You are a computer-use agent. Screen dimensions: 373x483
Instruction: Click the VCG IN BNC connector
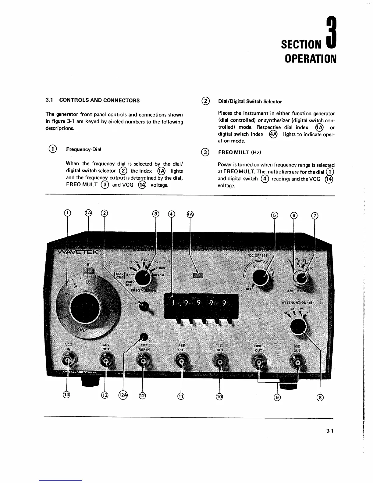tap(67, 361)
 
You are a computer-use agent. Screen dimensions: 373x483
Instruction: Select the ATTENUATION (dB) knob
tap(298, 327)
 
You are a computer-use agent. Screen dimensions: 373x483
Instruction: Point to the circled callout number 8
tap(320, 397)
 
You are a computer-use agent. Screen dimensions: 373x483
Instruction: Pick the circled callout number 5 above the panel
tap(275, 216)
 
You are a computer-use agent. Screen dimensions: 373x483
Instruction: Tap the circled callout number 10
tap(219, 396)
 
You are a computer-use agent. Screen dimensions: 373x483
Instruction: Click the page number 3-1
tap(330, 431)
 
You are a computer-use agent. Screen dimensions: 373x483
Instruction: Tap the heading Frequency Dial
tap(83, 149)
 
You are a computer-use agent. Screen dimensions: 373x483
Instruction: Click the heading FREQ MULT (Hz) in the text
tap(240, 152)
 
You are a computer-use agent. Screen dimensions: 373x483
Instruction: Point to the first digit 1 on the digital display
tap(174, 303)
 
